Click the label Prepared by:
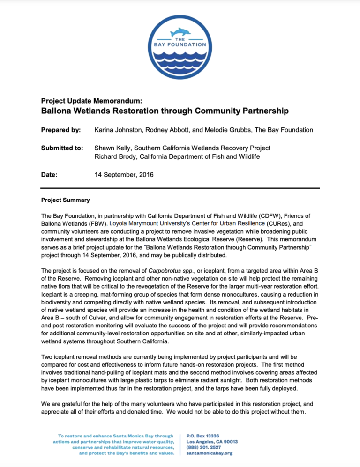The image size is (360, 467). (x=61, y=129)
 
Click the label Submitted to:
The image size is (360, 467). (x=62, y=148)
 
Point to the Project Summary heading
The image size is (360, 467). (x=66, y=200)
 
